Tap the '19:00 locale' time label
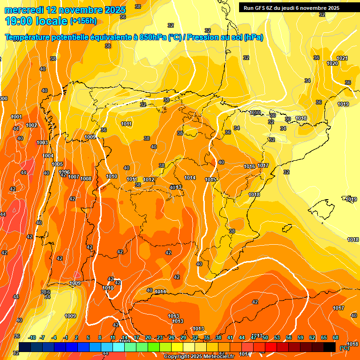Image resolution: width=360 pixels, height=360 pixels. tap(36, 21)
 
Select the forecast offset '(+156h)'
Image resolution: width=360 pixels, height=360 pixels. tap(83, 21)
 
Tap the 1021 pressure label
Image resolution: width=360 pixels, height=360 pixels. tap(342, 58)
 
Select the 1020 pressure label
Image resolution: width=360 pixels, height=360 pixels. tap(332, 63)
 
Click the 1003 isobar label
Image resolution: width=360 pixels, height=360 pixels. tap(42, 142)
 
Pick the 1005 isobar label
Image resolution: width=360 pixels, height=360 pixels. tap(57, 164)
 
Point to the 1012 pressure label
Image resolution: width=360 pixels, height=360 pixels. tap(149, 180)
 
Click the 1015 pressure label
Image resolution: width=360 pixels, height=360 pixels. tap(210, 180)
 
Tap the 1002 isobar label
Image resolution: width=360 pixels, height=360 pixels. tap(32, 125)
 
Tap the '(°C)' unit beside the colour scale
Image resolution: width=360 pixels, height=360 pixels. tap(344, 348)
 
